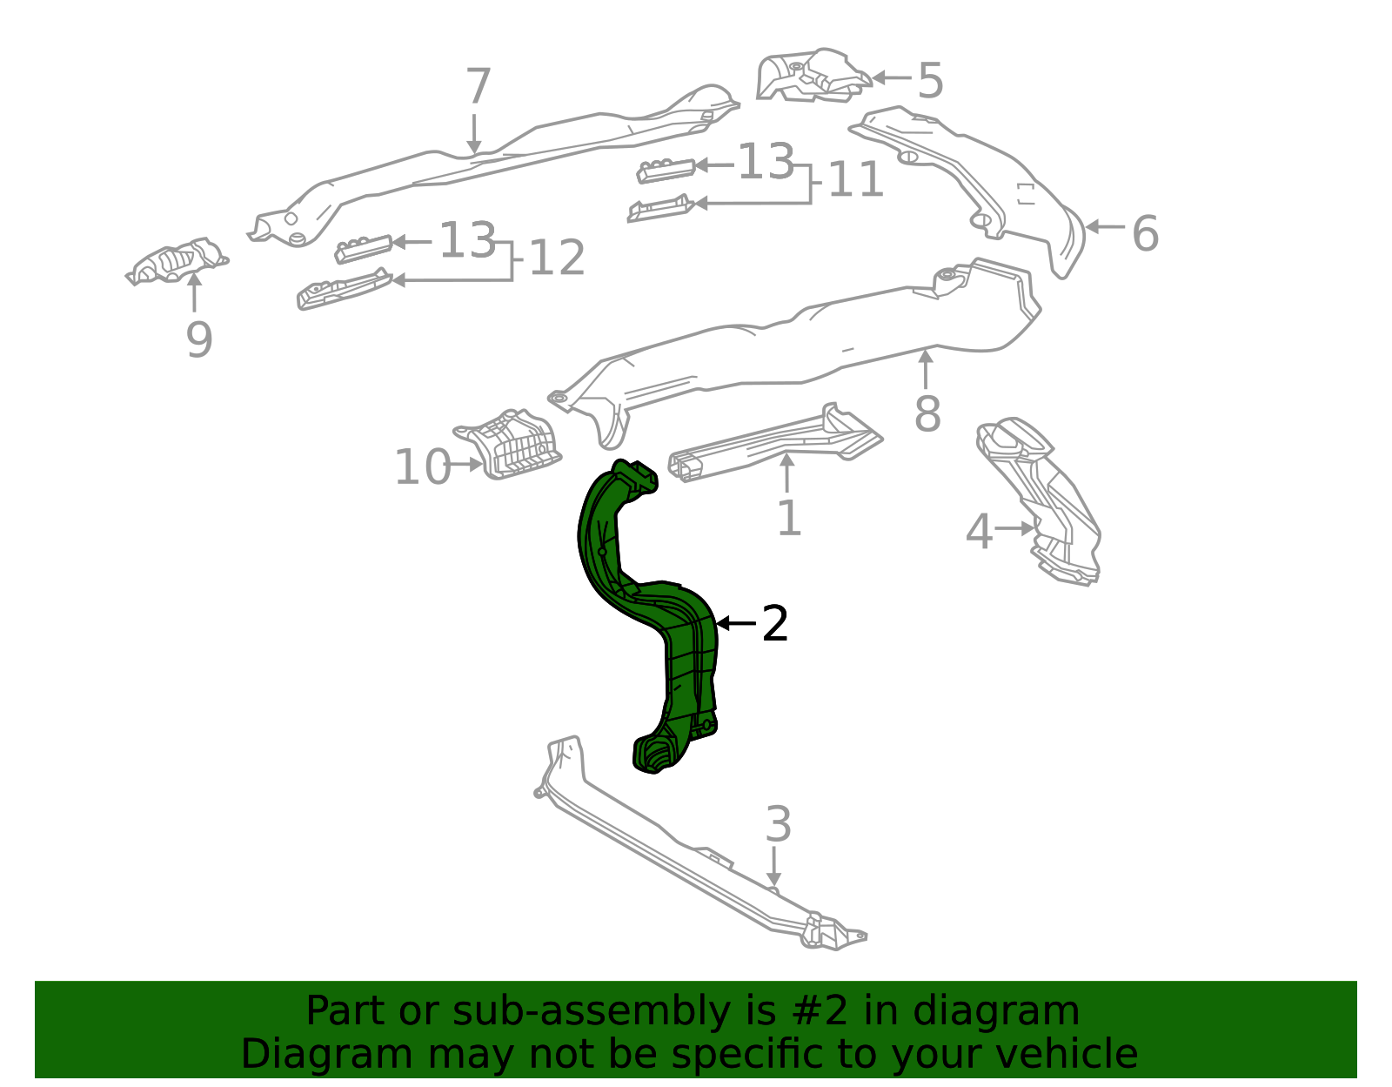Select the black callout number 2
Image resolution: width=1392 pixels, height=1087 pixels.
[x=774, y=624]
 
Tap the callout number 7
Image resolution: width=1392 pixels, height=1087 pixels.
[x=478, y=88]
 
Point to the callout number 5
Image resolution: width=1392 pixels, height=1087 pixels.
[x=930, y=81]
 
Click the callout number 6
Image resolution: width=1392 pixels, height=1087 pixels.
[x=1145, y=233]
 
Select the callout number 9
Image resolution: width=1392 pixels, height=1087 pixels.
[x=199, y=339]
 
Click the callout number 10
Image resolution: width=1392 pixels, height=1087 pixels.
[x=421, y=467]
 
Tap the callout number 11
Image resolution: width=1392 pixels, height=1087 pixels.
[x=856, y=180]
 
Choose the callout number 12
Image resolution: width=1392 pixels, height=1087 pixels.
[x=558, y=258]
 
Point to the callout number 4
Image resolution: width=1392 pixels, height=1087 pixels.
[x=979, y=532]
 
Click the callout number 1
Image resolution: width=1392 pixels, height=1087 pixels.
[x=788, y=518]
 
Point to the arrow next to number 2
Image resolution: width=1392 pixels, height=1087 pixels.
[x=735, y=624]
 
